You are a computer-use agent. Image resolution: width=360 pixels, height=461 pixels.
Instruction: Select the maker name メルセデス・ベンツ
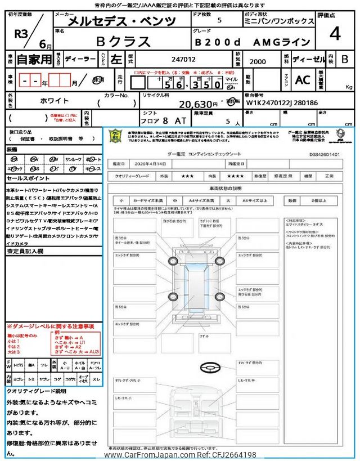(x=121, y=22)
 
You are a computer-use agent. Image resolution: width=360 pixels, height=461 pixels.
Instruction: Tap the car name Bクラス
(x=123, y=42)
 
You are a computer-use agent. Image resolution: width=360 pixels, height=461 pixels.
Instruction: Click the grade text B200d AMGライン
(x=253, y=42)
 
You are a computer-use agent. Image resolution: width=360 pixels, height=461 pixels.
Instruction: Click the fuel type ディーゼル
(x=307, y=59)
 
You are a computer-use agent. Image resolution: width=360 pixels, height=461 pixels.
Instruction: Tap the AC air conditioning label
(x=303, y=80)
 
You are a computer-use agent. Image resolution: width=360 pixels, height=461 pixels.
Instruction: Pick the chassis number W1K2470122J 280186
(x=281, y=103)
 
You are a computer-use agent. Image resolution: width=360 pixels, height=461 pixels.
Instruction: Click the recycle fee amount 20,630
(x=198, y=104)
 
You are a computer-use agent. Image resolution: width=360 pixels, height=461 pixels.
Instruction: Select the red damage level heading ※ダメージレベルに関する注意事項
(x=50, y=326)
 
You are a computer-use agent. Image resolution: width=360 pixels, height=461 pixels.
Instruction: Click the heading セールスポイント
(x=29, y=177)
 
